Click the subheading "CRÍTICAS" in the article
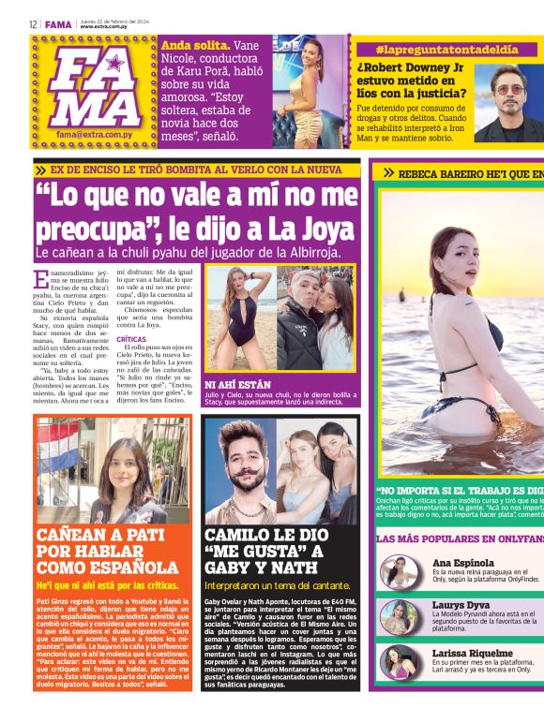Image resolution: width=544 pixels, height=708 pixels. tap(132, 339)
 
